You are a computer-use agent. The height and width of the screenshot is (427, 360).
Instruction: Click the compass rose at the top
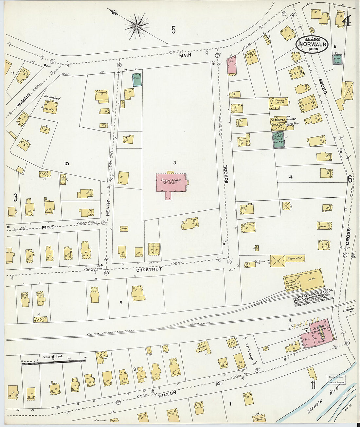click(x=137, y=25)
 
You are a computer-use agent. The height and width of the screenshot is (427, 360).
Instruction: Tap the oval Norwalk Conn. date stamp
click(x=312, y=45)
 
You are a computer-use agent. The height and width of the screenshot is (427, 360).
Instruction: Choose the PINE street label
click(x=48, y=226)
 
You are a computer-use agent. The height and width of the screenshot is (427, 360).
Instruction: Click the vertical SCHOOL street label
click(x=225, y=174)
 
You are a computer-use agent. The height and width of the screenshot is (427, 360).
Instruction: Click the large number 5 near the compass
click(x=173, y=30)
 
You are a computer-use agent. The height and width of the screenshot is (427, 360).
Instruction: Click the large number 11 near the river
click(x=313, y=385)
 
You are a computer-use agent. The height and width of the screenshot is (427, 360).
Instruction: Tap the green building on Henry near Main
click(x=137, y=80)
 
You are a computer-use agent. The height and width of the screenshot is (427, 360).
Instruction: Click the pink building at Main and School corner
click(x=231, y=65)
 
